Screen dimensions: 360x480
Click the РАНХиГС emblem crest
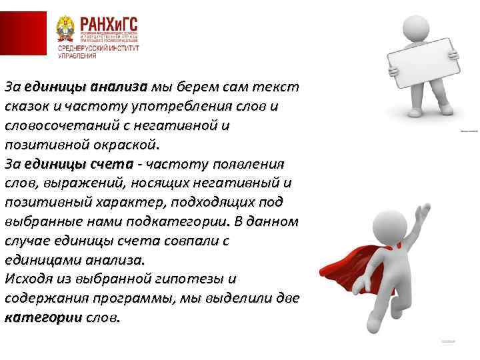(x=68, y=34)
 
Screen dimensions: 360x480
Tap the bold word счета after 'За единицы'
(x=121, y=164)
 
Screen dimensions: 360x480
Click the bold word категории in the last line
(x=43, y=317)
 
